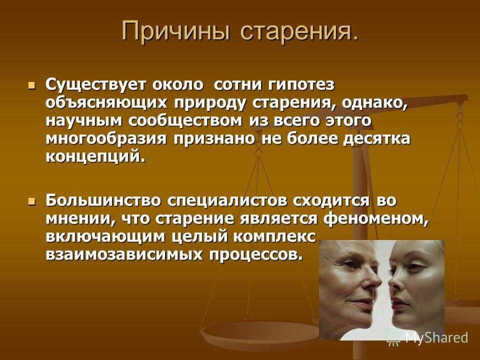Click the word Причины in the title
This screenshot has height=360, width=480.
pyautogui.click(x=175, y=32)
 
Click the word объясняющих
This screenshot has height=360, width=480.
pyautogui.click(x=107, y=103)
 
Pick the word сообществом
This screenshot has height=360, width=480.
pyautogui.click(x=185, y=121)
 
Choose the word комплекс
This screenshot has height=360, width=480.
pyautogui.click(x=274, y=237)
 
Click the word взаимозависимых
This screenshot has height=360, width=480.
pyautogui.click(x=123, y=254)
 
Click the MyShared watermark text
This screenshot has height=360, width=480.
pyautogui.click(x=436, y=337)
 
